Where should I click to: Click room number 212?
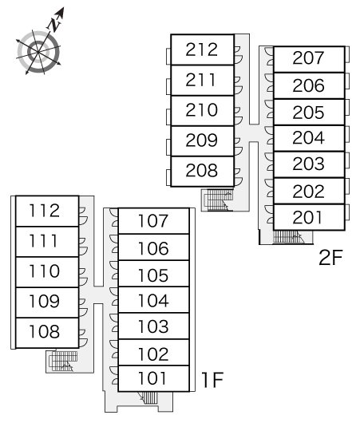click(x=202, y=49)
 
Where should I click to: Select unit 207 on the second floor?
click(x=309, y=59)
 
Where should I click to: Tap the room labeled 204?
click(x=309, y=138)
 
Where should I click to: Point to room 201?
click(x=309, y=217)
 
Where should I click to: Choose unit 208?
click(x=202, y=171)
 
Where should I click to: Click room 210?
click(x=202, y=110)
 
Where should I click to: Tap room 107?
click(x=153, y=221)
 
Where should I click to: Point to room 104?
click(x=153, y=300)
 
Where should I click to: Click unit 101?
click(x=153, y=378)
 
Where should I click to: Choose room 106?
click(x=153, y=247)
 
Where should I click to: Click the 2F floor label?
click(x=330, y=258)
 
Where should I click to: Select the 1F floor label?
click(x=212, y=380)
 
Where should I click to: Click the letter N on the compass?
click(x=55, y=24)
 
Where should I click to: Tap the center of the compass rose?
click(x=38, y=52)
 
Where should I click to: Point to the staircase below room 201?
click(x=288, y=236)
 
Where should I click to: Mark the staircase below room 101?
click(x=148, y=397)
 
